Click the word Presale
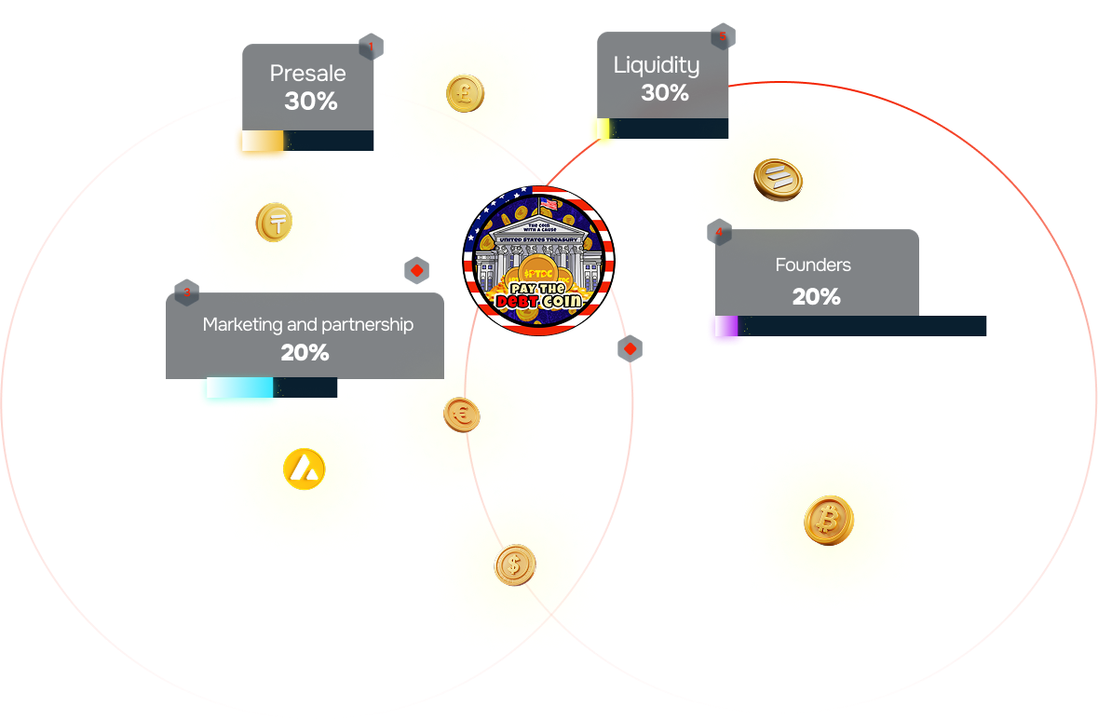point(307,74)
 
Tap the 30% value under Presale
point(311,102)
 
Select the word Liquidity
point(657,65)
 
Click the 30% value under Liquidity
point(665,93)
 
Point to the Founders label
point(813,265)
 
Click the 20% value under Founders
point(817,297)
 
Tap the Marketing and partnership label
point(308,324)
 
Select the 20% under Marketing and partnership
point(305,353)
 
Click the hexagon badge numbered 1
point(371,47)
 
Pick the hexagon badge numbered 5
point(722,36)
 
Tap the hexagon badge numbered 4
point(719,232)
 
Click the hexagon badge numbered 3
point(186,292)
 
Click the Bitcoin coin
point(828,521)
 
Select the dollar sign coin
point(514,564)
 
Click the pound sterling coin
point(465,93)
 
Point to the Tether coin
point(275,223)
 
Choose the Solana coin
point(778,178)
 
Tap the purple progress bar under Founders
point(725,327)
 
